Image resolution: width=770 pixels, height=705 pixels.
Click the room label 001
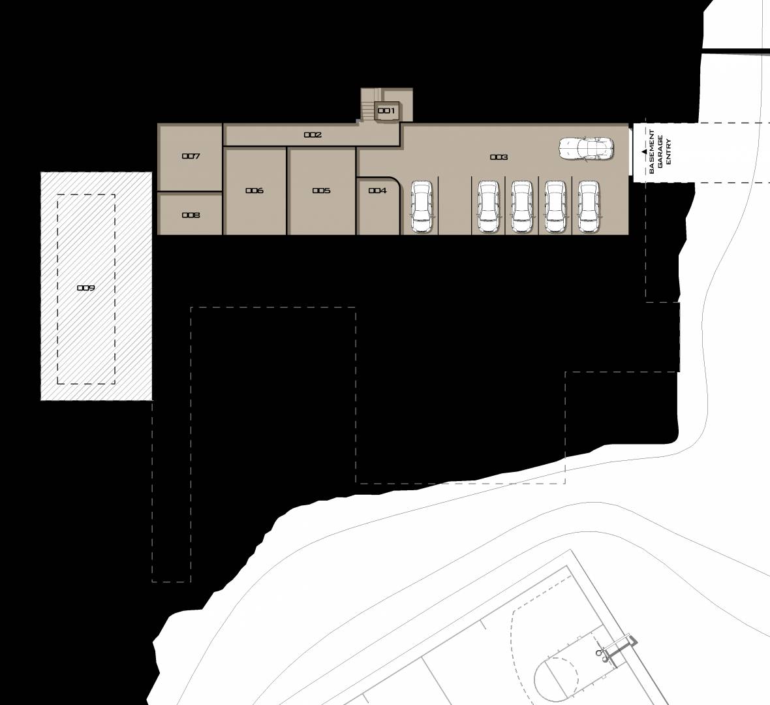(386, 111)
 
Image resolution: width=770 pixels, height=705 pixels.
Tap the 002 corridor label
(313, 134)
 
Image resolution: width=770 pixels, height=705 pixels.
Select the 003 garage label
(499, 157)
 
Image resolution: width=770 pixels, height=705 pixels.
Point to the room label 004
(378, 191)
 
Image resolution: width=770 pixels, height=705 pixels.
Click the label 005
(322, 191)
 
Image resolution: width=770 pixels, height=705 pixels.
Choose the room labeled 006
(254, 191)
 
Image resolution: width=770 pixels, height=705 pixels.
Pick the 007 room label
(191, 156)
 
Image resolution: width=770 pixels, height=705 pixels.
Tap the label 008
(191, 215)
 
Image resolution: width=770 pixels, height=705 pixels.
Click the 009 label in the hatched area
(86, 288)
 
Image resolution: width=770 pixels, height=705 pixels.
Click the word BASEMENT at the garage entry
(652, 152)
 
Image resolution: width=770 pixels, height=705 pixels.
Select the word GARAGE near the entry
(660, 152)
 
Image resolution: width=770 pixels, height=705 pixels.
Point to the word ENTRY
(668, 152)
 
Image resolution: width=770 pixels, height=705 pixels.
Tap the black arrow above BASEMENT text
(644, 152)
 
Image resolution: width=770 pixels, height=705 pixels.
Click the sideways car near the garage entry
(587, 148)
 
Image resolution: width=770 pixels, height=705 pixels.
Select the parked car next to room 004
(422, 206)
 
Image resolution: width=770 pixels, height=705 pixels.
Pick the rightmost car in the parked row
(589, 206)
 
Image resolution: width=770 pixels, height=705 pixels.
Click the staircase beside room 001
(367, 109)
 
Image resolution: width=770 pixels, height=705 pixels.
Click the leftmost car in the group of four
(489, 206)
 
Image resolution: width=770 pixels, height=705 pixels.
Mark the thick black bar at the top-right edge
(735, 51)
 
